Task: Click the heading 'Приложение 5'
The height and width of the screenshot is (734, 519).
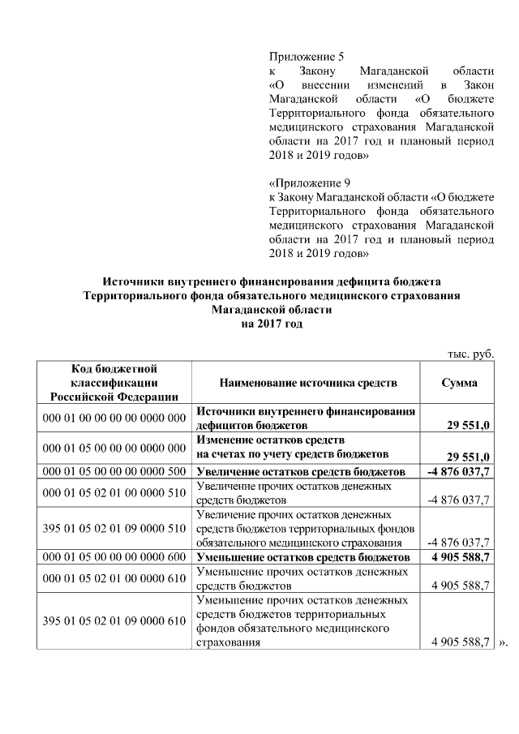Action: click(307, 56)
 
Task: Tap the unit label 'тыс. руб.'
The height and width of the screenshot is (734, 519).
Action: click(471, 354)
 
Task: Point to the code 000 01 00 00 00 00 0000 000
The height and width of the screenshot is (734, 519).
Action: click(114, 418)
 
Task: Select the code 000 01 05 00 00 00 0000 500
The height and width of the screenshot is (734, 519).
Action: click(114, 471)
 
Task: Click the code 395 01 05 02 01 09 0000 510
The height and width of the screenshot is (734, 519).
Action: click(114, 529)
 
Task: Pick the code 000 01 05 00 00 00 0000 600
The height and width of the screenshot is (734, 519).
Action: click(114, 558)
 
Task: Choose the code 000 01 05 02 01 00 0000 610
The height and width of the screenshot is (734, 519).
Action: click(114, 578)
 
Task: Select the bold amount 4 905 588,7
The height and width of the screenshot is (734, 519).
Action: click(461, 558)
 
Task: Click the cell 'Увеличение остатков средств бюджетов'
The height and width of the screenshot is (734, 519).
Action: click(301, 471)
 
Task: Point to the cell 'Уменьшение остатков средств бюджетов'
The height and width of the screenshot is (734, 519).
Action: click(302, 558)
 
